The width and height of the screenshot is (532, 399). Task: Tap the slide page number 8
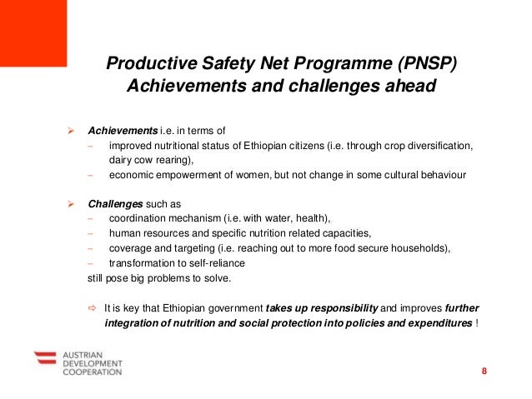tap(484, 371)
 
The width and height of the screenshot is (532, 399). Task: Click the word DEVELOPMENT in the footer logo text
tap(93, 363)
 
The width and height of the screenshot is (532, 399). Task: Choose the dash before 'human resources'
tap(90, 233)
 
